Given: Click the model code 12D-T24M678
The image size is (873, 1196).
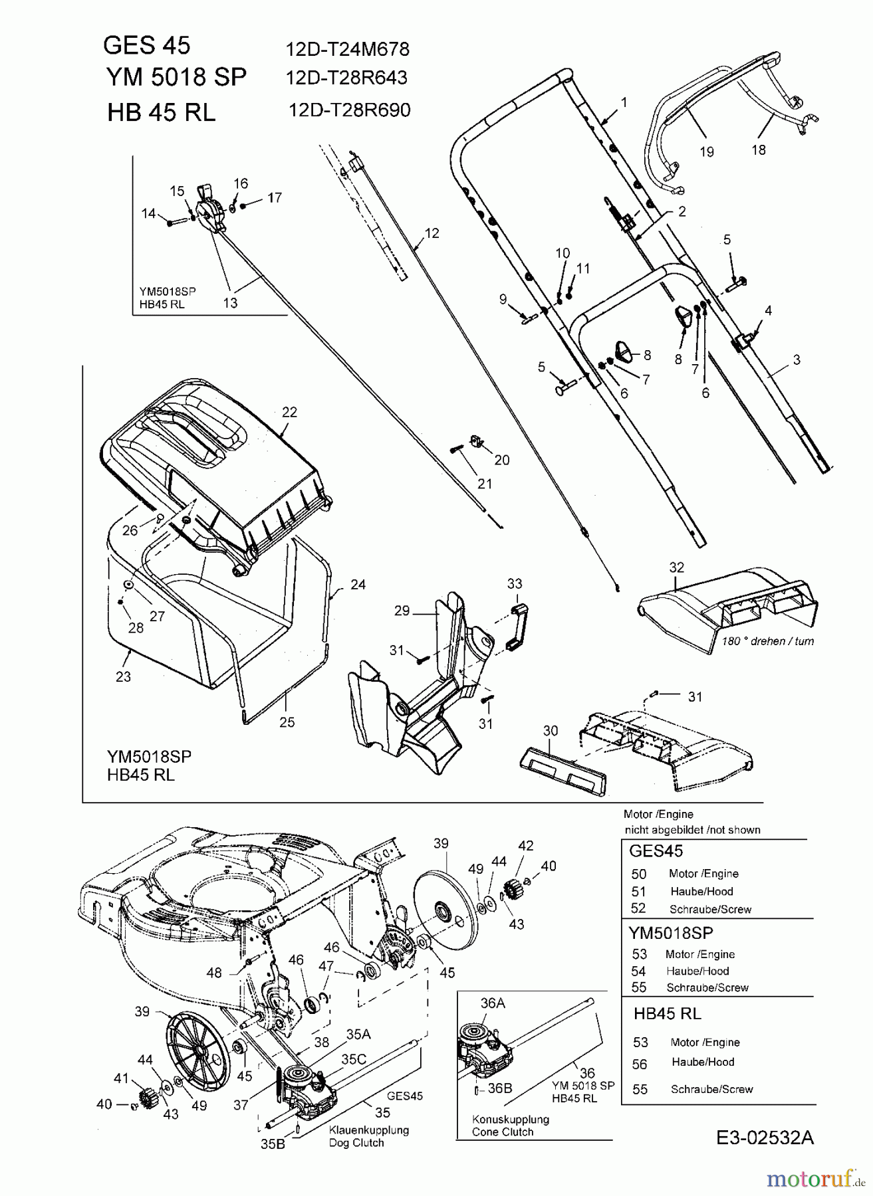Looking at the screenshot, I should pos(347,49).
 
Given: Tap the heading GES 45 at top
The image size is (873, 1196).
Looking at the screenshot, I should pos(147,45).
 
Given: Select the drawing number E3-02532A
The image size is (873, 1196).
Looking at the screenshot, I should pos(765,1138).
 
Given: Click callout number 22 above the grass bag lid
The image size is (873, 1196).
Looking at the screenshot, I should pos(289,412).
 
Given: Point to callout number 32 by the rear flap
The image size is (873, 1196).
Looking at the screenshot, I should pos(676,567).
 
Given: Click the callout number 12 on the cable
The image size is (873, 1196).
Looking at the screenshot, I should pos(432,233).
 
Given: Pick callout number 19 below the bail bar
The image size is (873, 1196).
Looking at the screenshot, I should pos(707,151).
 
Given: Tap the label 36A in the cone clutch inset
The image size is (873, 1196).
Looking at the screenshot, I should pos(492,1003).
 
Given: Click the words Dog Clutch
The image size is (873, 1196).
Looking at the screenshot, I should pos(356,1143).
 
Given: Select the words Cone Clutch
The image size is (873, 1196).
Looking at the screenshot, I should pos(503,1132).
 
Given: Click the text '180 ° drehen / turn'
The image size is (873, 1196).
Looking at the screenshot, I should pos(767,641).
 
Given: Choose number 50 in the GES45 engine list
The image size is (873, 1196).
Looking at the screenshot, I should pos(638,874).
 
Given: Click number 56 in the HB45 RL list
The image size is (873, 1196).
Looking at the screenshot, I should pos(640,1064).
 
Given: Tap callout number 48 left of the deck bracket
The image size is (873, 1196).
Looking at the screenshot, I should pos(213,973).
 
